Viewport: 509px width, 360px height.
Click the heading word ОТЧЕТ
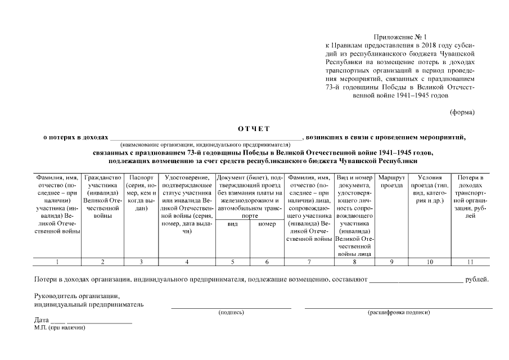(254, 128)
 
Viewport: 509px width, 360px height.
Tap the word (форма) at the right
(462, 112)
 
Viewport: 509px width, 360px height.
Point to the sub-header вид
(232, 224)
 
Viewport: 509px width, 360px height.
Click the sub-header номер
(267, 224)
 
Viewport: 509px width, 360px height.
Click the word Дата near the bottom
(41, 320)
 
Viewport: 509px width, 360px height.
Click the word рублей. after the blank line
(477, 279)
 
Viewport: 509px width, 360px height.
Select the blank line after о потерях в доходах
(205, 137)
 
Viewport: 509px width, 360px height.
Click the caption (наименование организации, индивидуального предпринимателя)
(205, 145)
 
